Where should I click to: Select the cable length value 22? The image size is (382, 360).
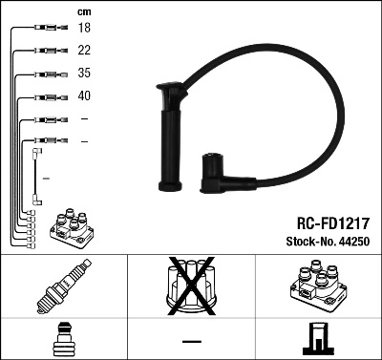(x=84, y=52)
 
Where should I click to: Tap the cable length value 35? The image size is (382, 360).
(x=84, y=74)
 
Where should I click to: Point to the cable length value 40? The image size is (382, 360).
(x=84, y=95)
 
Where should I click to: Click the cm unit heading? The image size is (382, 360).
(x=83, y=11)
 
